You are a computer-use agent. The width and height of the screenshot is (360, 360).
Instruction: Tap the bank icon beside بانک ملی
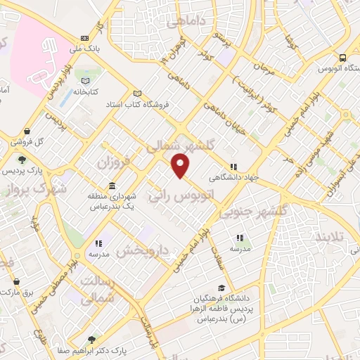[85, 38]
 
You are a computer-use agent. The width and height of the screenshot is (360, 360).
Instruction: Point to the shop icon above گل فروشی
[27, 131]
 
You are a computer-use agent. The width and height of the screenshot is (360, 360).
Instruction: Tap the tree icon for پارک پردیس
[22, 160]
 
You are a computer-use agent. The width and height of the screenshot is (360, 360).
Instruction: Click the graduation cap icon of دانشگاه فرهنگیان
[222, 288]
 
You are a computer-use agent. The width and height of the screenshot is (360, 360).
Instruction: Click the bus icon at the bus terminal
[342, 58]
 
